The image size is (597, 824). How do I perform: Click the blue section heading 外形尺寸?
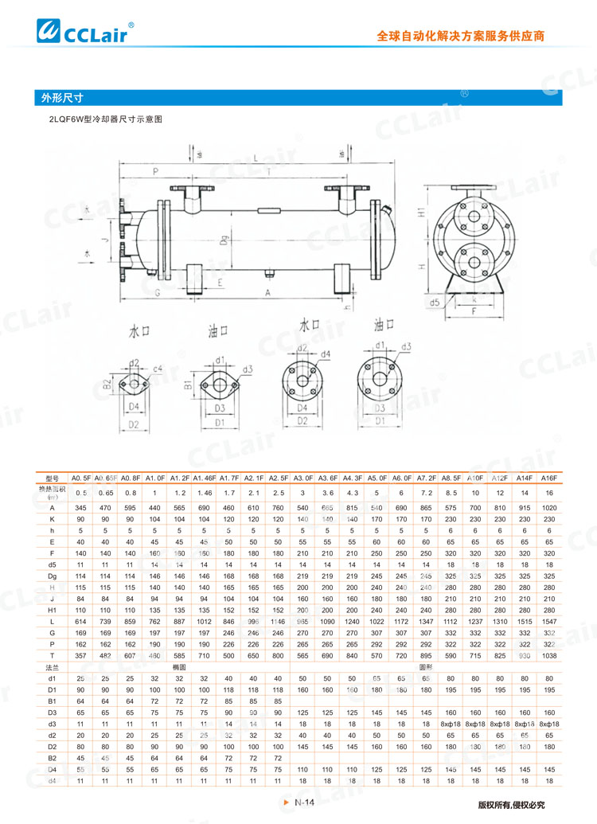click(64, 99)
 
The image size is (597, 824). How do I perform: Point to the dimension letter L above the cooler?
click(255, 158)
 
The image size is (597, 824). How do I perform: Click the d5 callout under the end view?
click(435, 303)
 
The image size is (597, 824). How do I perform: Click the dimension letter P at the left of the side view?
click(156, 171)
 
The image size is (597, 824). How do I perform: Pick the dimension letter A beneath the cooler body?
click(267, 293)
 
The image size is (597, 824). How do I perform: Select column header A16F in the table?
click(548, 478)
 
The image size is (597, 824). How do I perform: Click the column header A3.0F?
click(303, 478)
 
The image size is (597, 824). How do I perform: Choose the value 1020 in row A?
click(548, 507)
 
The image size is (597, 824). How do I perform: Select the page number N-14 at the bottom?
click(305, 803)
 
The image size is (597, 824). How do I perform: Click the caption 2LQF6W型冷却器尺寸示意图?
click(105, 119)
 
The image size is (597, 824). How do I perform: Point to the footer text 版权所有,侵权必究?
click(512, 804)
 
